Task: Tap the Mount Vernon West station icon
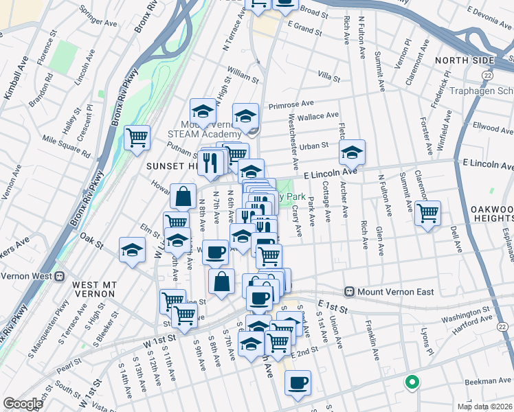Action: (59, 277)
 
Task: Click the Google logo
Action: (23, 403)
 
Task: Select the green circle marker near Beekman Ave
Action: (412, 382)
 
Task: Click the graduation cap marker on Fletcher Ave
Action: (352, 152)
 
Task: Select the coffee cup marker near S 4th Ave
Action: (297, 383)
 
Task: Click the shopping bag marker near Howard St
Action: (184, 196)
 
